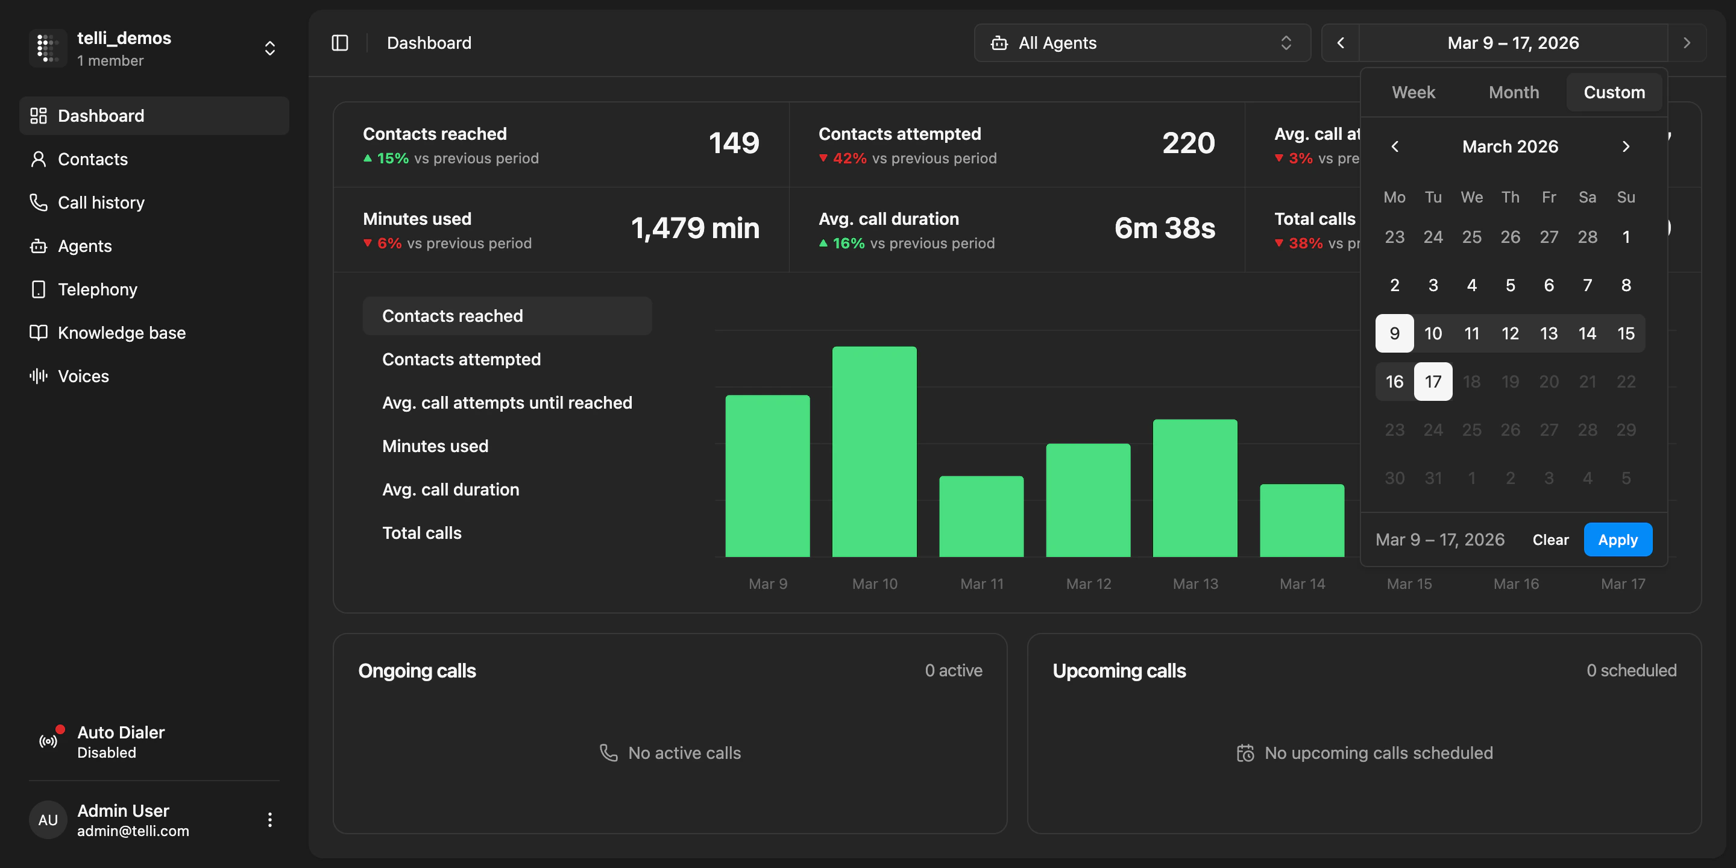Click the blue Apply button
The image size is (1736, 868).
click(x=1617, y=540)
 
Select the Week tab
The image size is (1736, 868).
click(x=1413, y=92)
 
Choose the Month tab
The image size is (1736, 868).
click(x=1513, y=92)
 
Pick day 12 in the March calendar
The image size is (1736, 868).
click(x=1509, y=333)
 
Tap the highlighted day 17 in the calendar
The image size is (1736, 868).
click(x=1433, y=382)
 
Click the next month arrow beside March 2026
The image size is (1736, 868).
click(x=1626, y=146)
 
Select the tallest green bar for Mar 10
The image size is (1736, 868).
click(x=874, y=451)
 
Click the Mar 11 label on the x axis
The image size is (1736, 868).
click(x=982, y=583)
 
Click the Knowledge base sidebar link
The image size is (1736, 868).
click(x=121, y=333)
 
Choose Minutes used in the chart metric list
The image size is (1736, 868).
click(x=435, y=446)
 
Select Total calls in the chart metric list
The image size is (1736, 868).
click(x=422, y=533)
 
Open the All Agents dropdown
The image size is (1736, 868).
click(x=1142, y=43)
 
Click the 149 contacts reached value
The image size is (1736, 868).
click(x=734, y=143)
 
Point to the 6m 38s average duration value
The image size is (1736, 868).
click(x=1165, y=228)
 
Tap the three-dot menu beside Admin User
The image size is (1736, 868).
click(x=269, y=820)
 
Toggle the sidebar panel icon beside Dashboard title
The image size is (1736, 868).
click(x=339, y=43)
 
